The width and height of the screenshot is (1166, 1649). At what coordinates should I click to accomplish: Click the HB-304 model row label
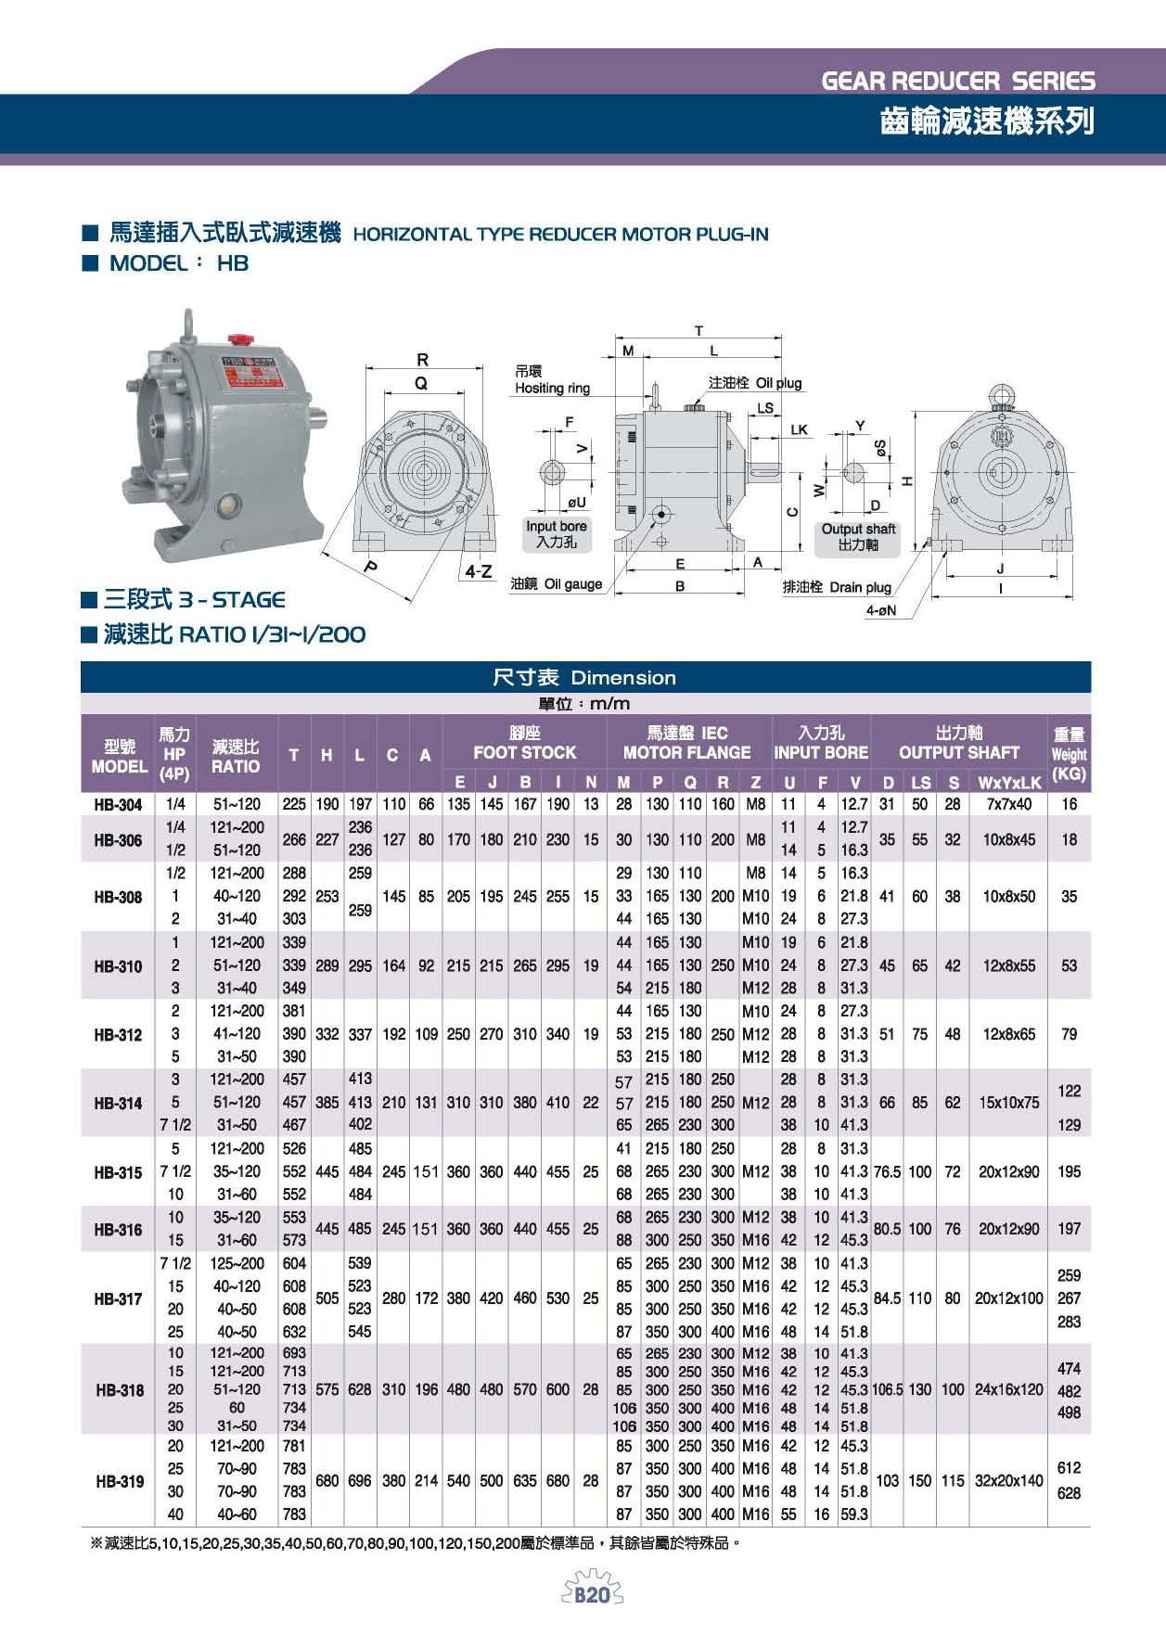point(118,805)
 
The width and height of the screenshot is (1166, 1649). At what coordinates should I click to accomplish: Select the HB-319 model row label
point(119,1481)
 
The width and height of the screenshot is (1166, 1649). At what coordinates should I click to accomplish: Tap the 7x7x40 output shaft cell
point(1007,805)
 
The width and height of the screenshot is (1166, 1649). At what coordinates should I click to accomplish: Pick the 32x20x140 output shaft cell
point(1007,1481)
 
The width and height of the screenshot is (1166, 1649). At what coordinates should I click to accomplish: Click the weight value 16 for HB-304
point(1070,805)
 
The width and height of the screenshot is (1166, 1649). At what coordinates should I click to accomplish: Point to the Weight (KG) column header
point(1069,753)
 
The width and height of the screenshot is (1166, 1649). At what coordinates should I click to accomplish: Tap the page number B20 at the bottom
point(591,1596)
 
